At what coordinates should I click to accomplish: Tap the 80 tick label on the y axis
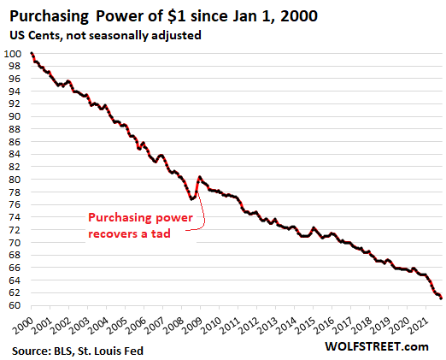tap(15, 180)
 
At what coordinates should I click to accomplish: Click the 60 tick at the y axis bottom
tap(15, 305)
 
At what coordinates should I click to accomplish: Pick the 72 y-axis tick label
tap(15, 230)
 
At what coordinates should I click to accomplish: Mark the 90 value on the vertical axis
tap(15, 116)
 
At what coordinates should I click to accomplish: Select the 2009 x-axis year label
tap(197, 326)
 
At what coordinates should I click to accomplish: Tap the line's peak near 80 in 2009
tap(199, 178)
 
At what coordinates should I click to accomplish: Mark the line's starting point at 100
tap(32, 54)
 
